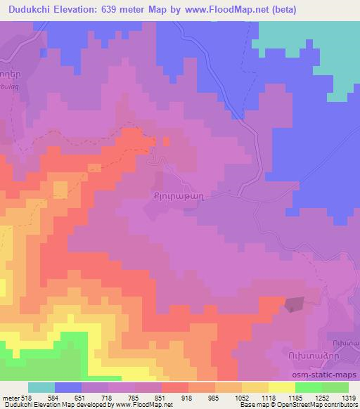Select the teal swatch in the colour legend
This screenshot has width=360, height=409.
(41, 387)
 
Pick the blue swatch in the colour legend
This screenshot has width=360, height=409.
(67, 387)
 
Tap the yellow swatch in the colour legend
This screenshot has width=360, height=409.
(281, 387)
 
